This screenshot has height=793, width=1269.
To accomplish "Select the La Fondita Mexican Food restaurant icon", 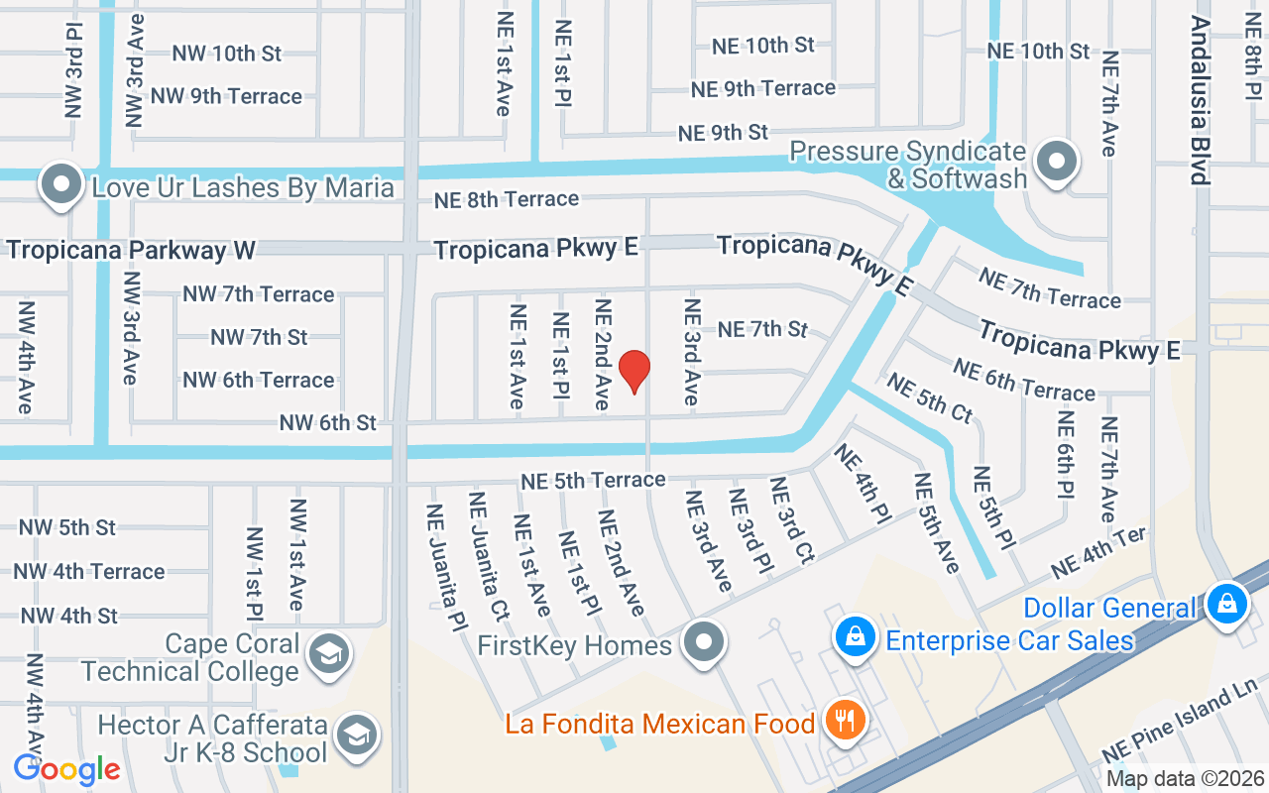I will (844, 721).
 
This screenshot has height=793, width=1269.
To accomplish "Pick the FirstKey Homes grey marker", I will (705, 643).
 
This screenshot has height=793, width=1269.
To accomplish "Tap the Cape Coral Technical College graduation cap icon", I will (325, 654).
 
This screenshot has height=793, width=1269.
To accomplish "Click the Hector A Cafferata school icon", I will (352, 735).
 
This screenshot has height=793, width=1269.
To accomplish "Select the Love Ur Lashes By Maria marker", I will (61, 185).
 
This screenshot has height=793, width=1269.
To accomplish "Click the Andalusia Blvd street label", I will (1200, 100).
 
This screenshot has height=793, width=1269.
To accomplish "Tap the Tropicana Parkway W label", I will (131, 249).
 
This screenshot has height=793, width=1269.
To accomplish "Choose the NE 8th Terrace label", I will (507, 199).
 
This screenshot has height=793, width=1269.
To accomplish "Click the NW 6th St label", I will (327, 422).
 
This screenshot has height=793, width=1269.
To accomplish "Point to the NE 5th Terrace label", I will (593, 480).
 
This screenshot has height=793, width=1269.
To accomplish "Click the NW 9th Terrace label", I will (226, 96).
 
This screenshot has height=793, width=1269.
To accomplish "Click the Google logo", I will (66, 768).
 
